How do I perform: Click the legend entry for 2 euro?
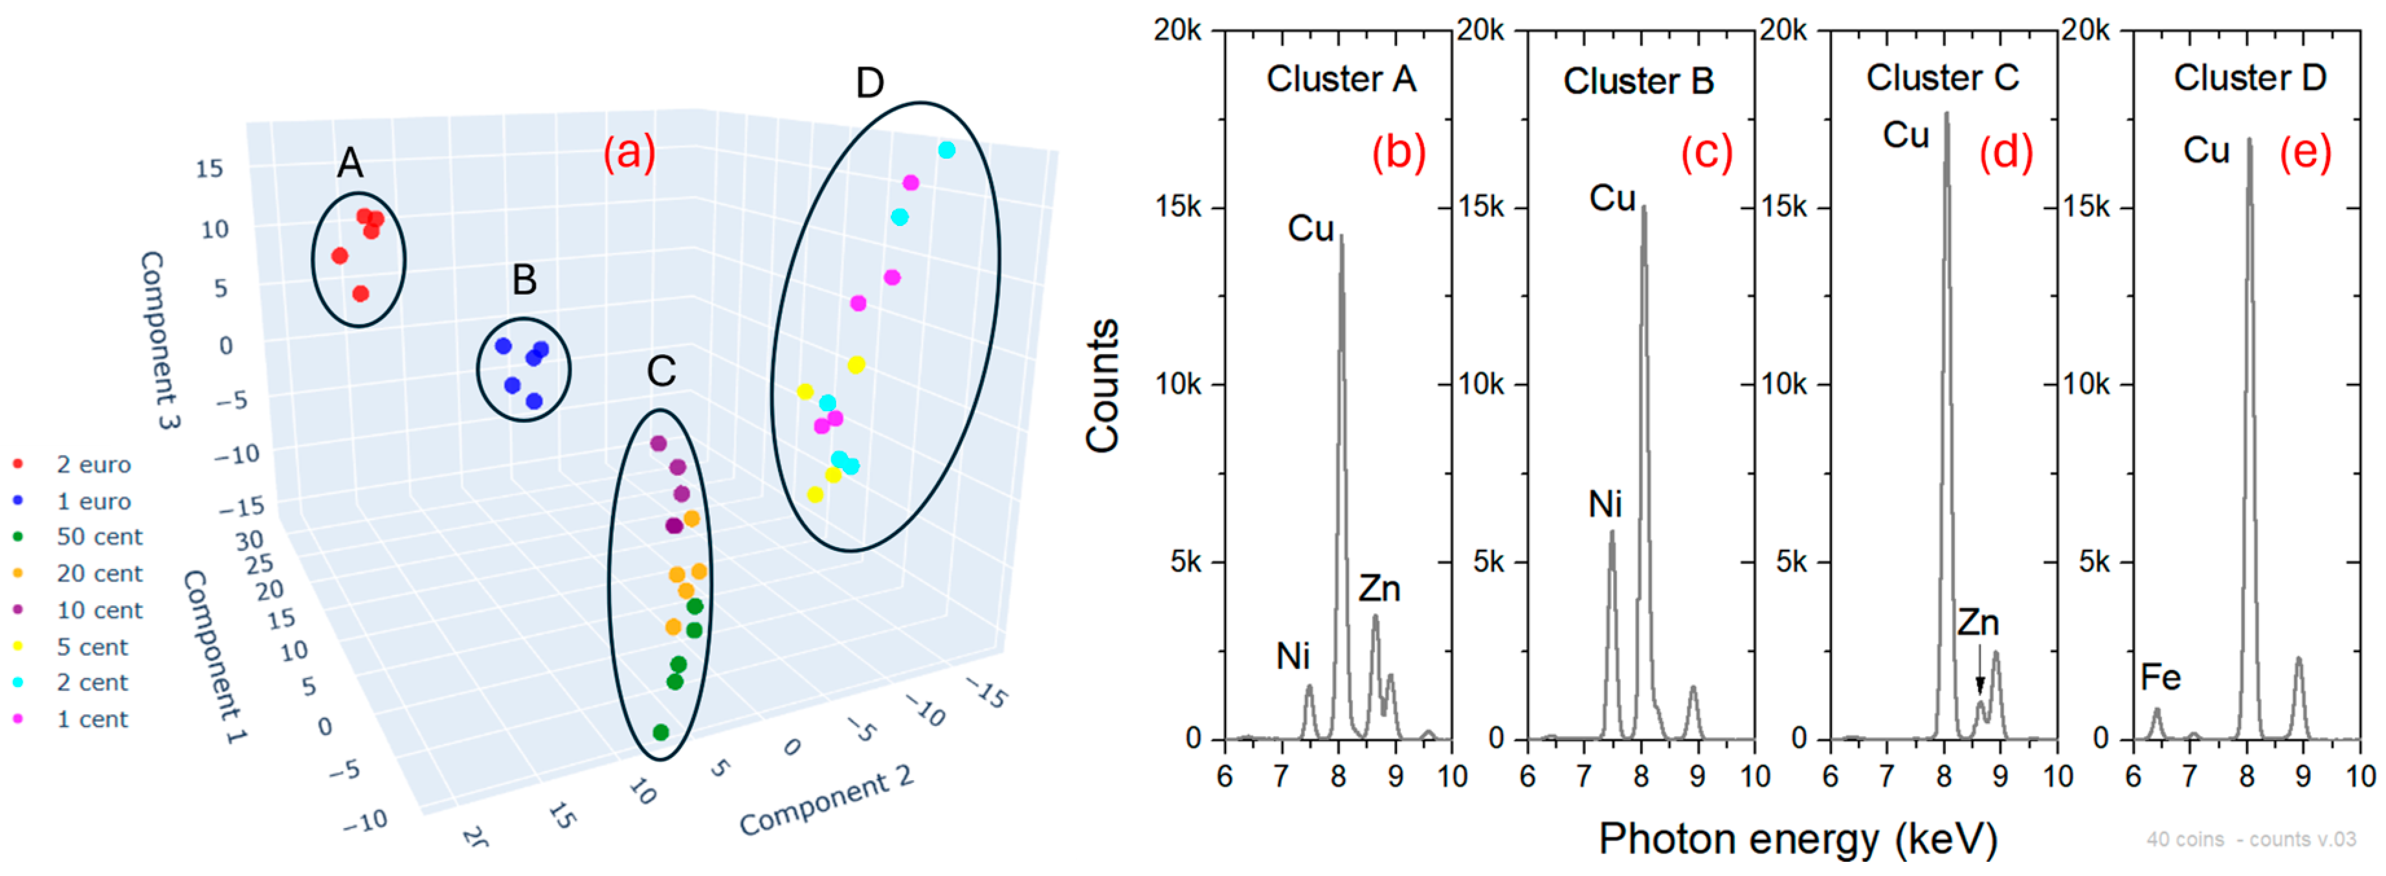pyautogui.click(x=93, y=464)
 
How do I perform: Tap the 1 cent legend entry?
pyautogui.click(x=92, y=719)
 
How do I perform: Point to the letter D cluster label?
pyautogui.click(x=869, y=84)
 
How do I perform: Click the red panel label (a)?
pyautogui.click(x=629, y=151)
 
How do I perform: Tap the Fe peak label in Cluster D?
pyautogui.click(x=2160, y=677)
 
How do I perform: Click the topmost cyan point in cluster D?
pyautogui.click(x=946, y=150)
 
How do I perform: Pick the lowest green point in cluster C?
pyautogui.click(x=660, y=732)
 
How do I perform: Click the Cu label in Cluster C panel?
pyautogui.click(x=1905, y=135)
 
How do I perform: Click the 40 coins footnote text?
pyautogui.click(x=2250, y=839)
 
